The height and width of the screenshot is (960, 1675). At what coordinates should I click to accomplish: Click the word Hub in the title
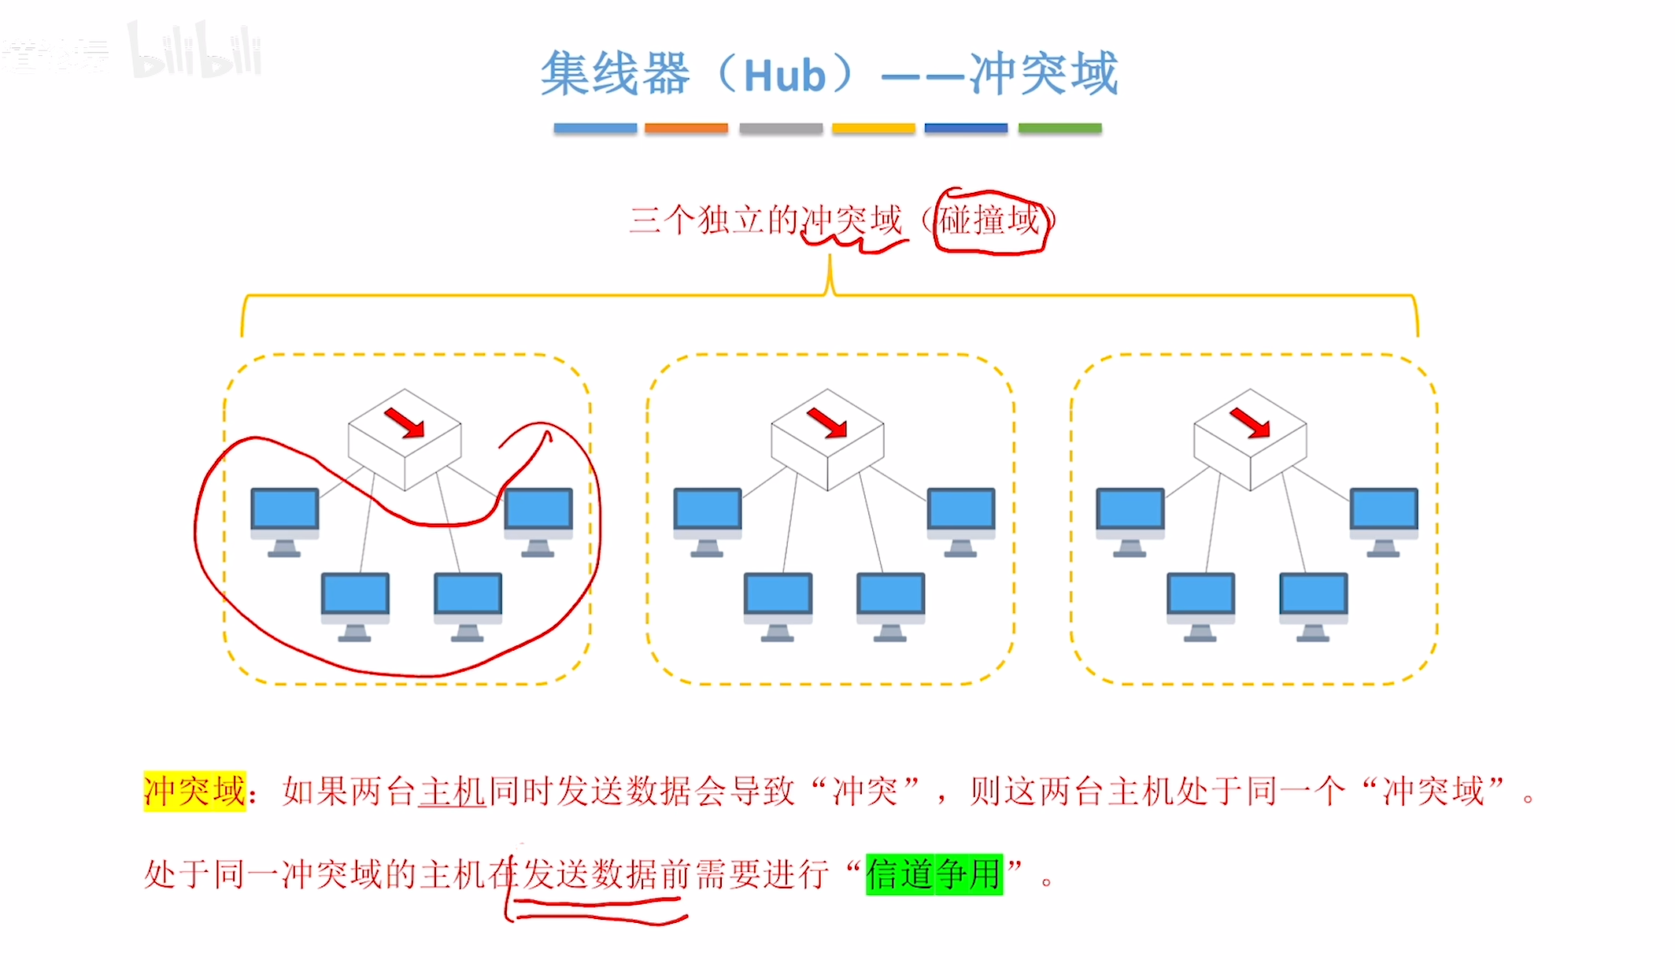[x=785, y=76]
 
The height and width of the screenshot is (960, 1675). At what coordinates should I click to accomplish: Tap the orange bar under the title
[x=686, y=128]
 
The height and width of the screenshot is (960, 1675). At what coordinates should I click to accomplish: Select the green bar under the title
[x=1059, y=128]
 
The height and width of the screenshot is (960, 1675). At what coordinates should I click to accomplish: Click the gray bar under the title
[x=780, y=128]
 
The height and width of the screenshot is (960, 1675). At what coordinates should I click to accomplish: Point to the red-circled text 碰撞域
[x=989, y=220]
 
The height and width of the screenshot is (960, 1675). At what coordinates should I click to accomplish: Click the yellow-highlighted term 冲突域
[x=194, y=791]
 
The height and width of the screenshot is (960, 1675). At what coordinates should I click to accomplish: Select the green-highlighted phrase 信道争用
[x=934, y=874]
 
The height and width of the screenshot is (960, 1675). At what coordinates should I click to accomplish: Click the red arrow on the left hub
[x=405, y=423]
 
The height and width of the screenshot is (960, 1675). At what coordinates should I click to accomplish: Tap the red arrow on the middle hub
[x=827, y=423]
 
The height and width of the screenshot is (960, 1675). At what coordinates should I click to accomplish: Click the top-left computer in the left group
[x=285, y=519]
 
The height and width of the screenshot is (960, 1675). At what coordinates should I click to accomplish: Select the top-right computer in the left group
[x=538, y=519]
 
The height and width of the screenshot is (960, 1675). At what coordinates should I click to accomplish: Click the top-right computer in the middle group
[x=961, y=519]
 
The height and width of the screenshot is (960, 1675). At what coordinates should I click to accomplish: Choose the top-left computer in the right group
[x=1130, y=519]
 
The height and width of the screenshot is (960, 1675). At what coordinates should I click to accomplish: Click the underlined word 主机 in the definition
[x=452, y=791]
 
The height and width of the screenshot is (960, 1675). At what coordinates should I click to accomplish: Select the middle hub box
[x=827, y=441]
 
